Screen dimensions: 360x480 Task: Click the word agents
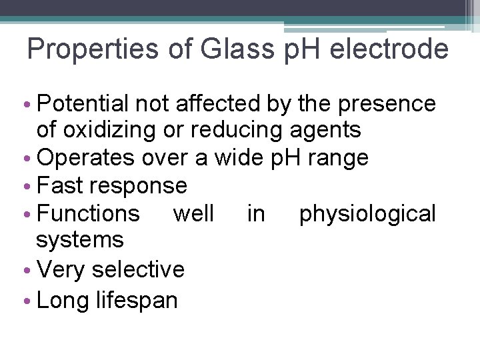click(327, 129)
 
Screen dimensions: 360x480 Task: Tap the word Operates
click(86, 157)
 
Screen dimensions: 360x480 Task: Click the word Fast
click(59, 185)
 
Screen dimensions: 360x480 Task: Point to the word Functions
click(89, 213)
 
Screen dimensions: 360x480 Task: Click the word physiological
click(367, 214)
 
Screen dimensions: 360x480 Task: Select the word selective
click(138, 269)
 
